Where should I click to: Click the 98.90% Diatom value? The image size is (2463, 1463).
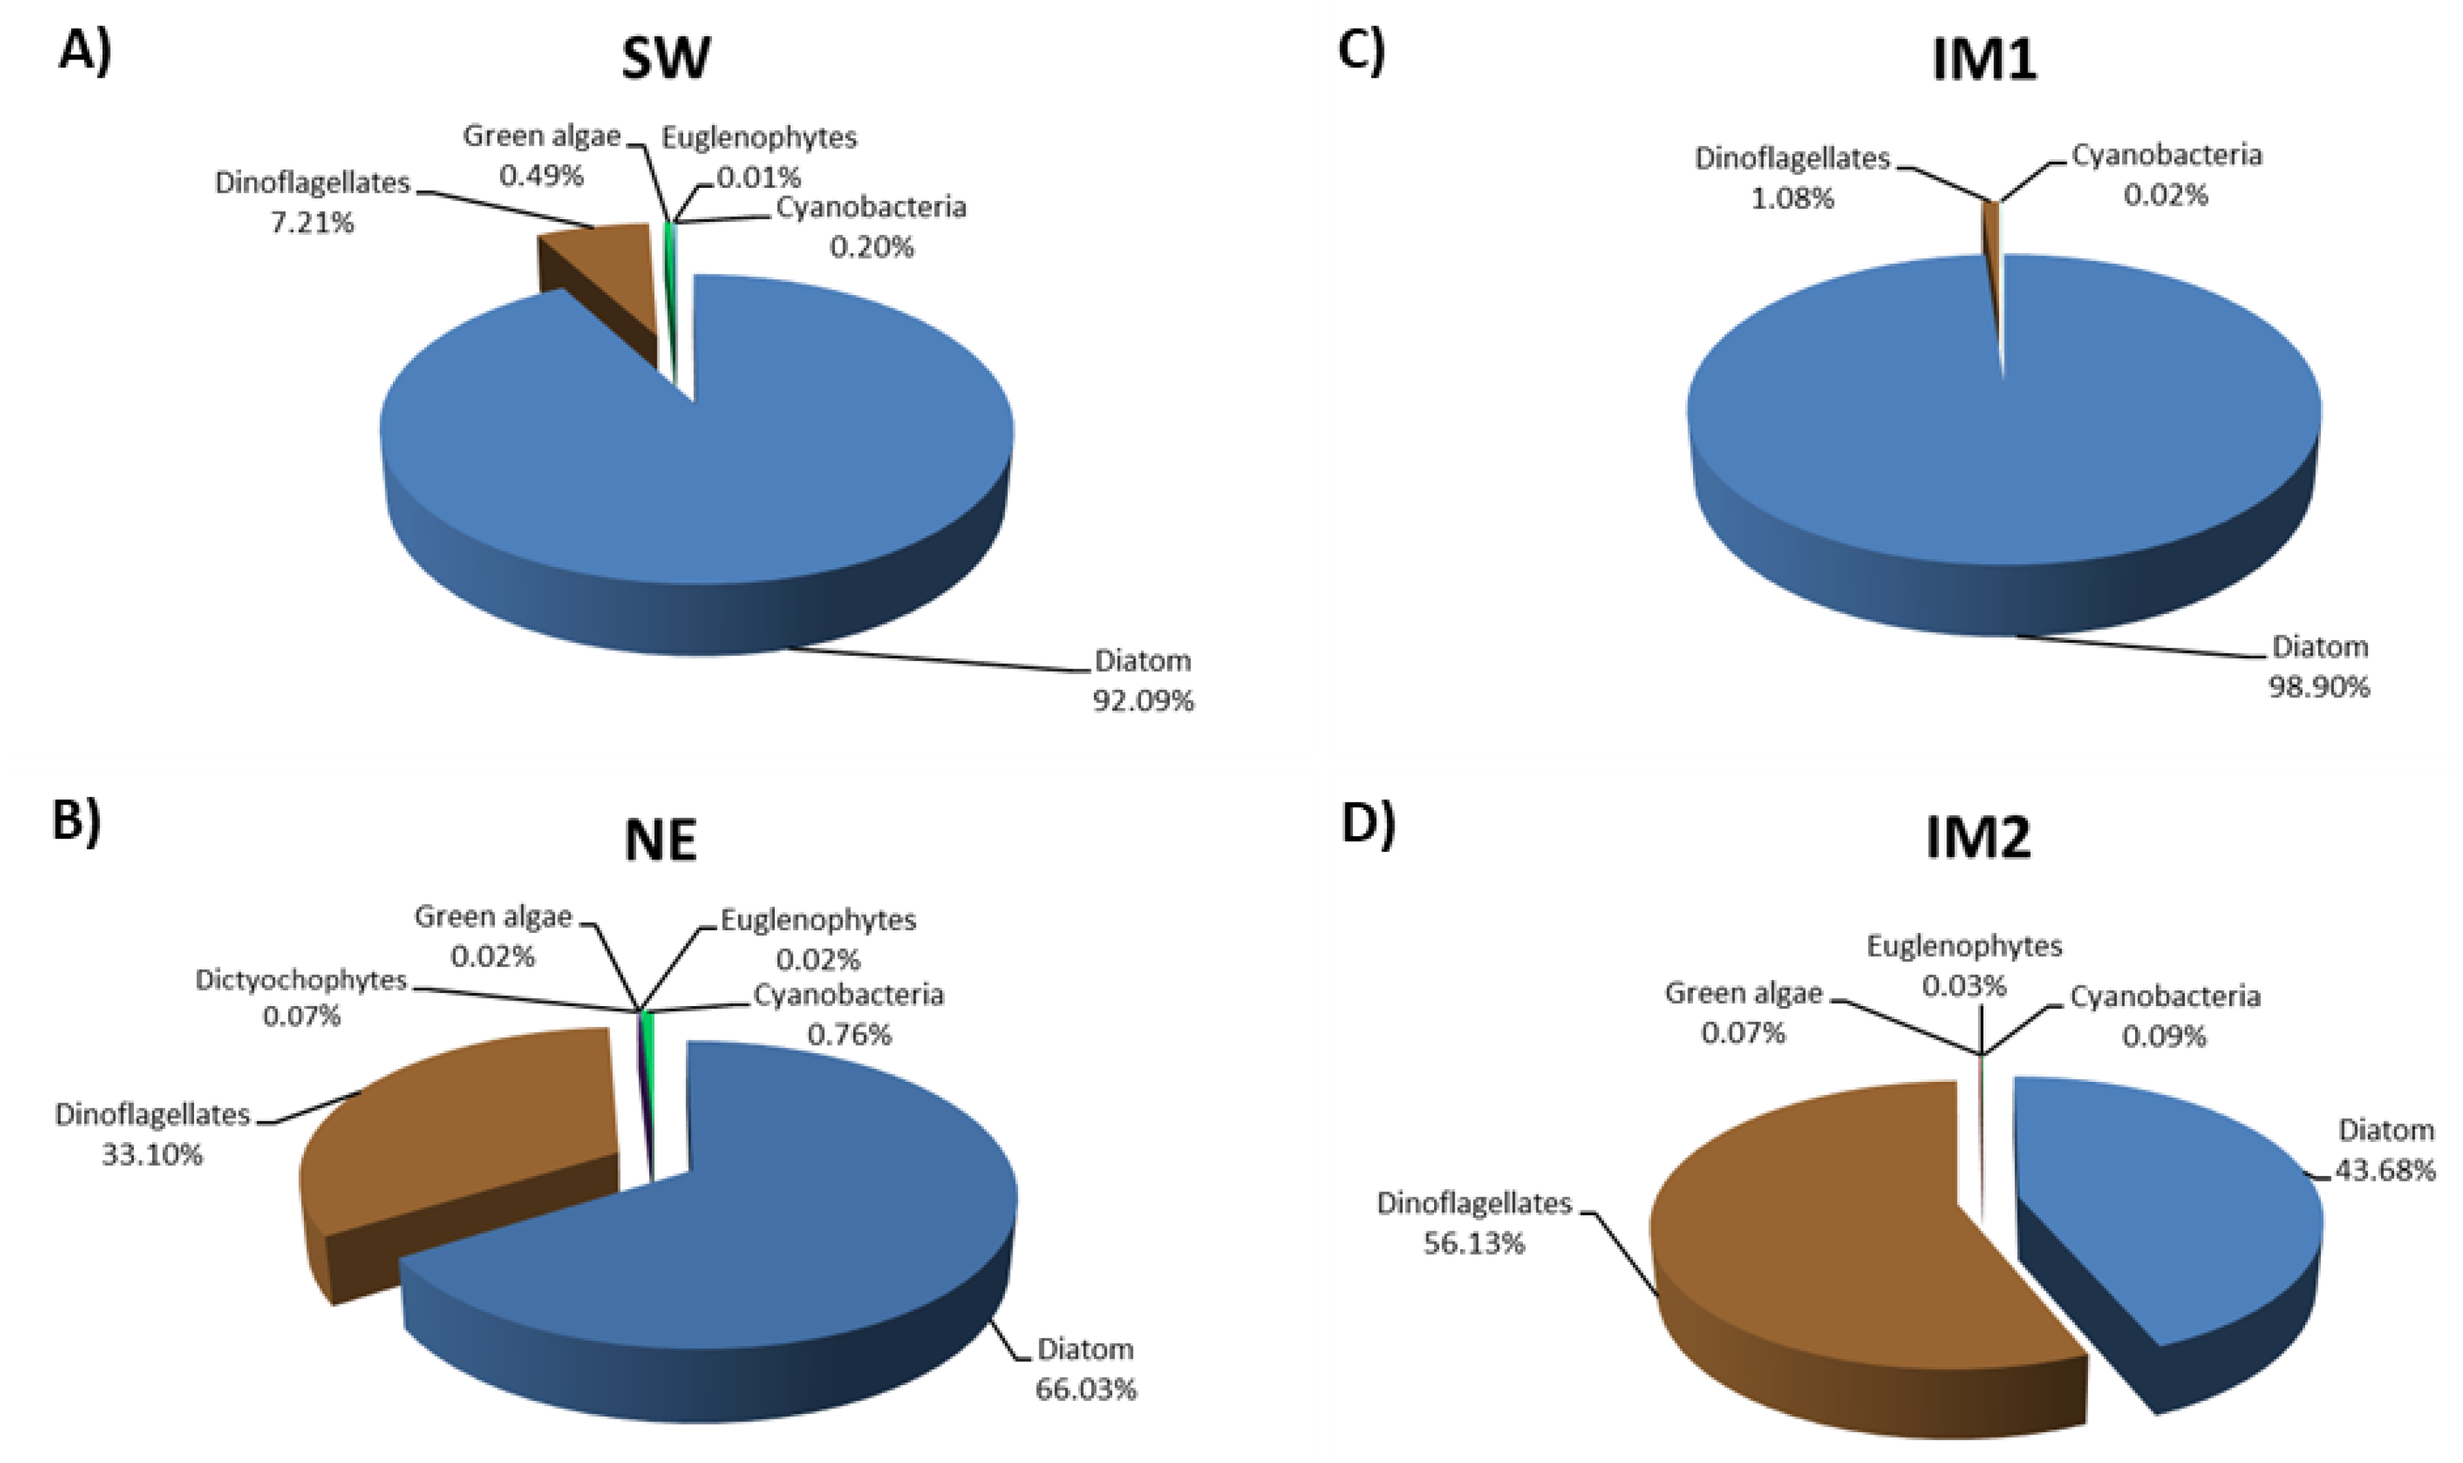pos(2318,687)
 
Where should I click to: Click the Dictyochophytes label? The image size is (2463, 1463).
pos(301,980)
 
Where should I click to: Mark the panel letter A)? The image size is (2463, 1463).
pos(85,49)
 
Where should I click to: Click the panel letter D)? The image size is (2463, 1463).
pos(1368,827)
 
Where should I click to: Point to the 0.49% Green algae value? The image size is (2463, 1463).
pos(541,176)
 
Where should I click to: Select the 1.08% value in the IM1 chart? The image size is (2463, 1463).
pos(1793,198)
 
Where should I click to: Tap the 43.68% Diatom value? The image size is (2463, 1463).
pos(2384,1170)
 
